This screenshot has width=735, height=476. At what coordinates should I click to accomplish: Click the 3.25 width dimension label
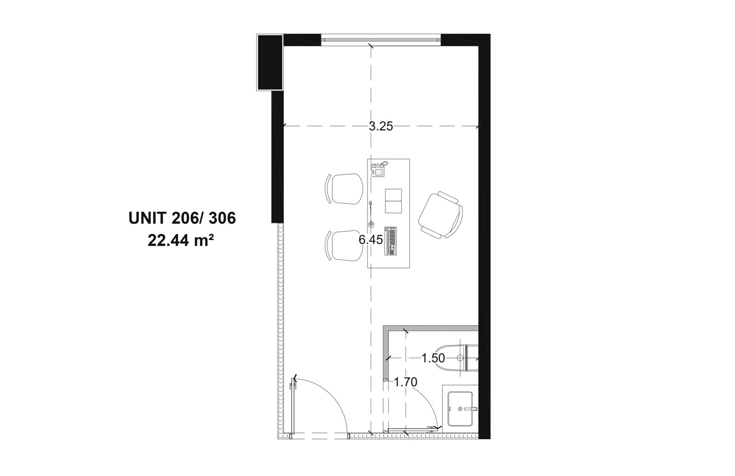tap(381, 126)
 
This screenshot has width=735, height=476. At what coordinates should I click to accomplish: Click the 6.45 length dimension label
tap(370, 240)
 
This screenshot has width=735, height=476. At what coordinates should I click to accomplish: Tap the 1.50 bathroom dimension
tap(433, 358)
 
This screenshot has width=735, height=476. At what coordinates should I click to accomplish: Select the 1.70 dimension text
tap(405, 382)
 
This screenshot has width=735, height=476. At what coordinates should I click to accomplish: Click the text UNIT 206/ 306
tap(182, 218)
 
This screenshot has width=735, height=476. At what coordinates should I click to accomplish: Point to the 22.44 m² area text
tap(181, 241)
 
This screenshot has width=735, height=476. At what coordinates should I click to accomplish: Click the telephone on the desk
tap(379, 169)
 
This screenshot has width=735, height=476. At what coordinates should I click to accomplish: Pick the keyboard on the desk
tap(390, 241)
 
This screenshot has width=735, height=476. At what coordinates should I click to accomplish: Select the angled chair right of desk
tap(441, 215)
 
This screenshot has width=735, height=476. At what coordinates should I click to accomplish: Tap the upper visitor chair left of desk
tap(344, 189)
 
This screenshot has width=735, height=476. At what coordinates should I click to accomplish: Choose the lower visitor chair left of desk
tap(344, 246)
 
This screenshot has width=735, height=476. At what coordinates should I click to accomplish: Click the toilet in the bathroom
tap(458, 358)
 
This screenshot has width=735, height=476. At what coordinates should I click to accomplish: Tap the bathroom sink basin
tap(460, 409)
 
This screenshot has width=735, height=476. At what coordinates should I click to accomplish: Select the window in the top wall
tap(381, 40)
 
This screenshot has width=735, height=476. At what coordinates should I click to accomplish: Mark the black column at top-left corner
tap(270, 62)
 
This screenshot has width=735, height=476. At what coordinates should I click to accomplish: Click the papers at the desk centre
tap(393, 201)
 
